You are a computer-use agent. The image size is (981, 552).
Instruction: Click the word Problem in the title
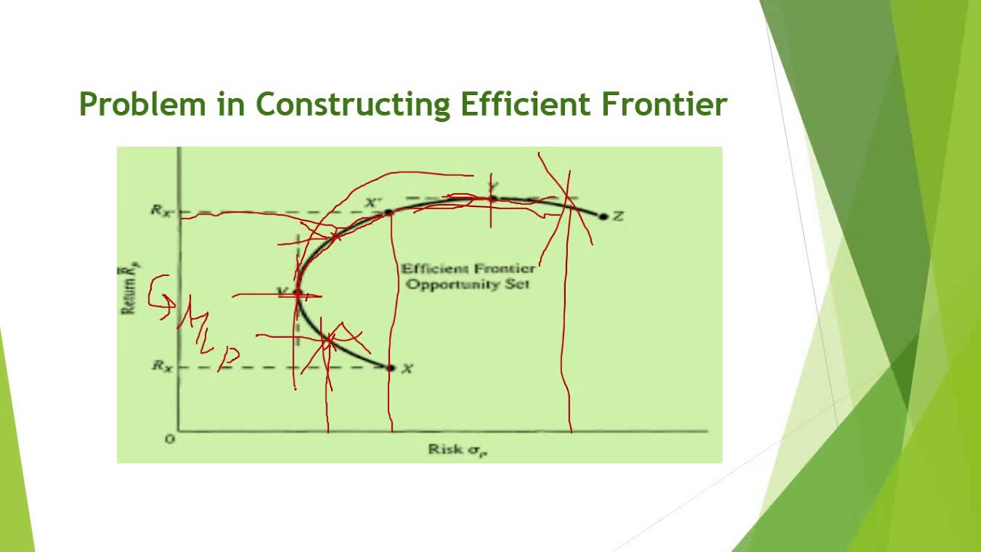[x=143, y=103]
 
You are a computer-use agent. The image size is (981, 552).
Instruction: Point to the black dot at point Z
[x=603, y=217]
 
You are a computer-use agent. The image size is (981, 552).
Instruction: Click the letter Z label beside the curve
[x=618, y=217]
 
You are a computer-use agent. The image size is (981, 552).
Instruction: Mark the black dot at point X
[x=390, y=368]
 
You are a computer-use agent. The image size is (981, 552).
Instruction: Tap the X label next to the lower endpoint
[x=407, y=369]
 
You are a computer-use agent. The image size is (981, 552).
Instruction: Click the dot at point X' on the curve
[x=388, y=212]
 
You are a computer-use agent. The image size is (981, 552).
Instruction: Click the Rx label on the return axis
[x=162, y=366]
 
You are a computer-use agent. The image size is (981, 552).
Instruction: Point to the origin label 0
[x=169, y=439]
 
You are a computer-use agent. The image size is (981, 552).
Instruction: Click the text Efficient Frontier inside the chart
[x=468, y=268]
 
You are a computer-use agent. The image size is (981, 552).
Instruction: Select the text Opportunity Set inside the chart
[x=468, y=284]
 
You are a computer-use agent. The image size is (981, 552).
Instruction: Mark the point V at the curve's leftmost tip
[x=297, y=294]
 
